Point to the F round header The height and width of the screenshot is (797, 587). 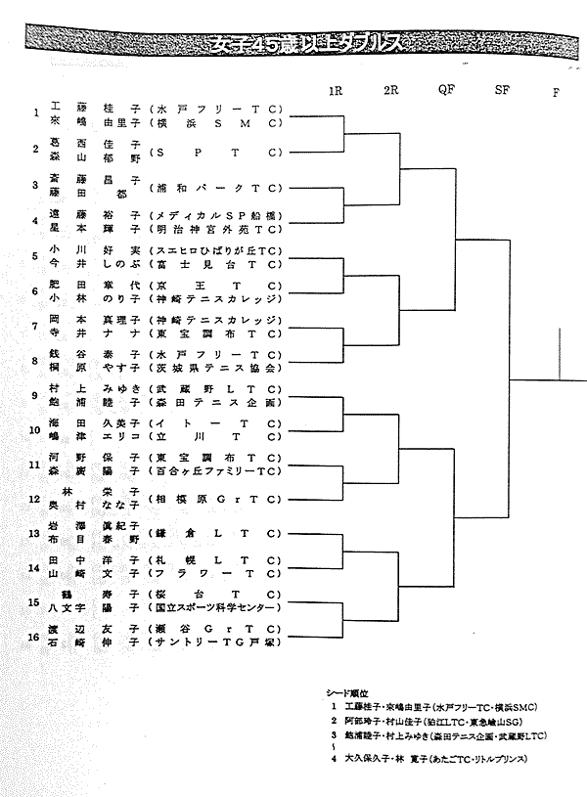[557, 91]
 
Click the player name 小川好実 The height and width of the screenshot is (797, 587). [95, 251]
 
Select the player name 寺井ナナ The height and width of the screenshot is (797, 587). [95, 333]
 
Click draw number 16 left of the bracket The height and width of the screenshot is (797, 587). [35, 636]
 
